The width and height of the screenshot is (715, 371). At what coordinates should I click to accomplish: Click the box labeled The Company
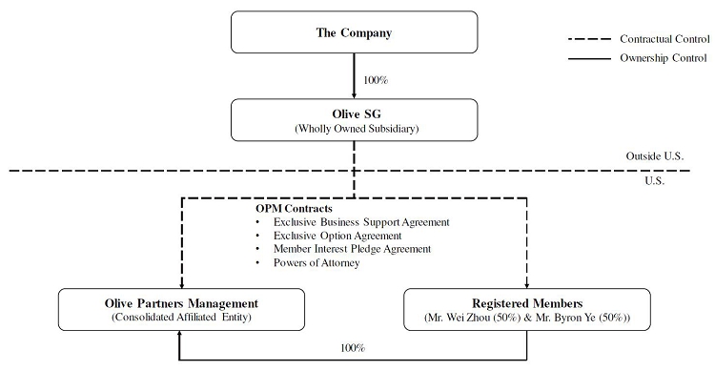[x=355, y=32]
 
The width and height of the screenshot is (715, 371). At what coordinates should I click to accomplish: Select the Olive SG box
[x=355, y=120]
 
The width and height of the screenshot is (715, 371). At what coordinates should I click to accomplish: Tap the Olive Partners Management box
[x=181, y=309]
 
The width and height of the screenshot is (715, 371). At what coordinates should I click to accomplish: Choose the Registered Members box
[x=527, y=309]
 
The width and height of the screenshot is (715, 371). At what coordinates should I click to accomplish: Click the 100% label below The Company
[x=376, y=80]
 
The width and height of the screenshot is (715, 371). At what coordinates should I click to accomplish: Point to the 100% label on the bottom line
[x=353, y=348]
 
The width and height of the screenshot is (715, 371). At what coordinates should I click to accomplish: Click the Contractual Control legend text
[x=664, y=39]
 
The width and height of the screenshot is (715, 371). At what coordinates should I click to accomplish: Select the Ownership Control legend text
[x=663, y=58]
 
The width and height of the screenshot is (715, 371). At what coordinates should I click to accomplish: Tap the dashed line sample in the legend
[x=589, y=39]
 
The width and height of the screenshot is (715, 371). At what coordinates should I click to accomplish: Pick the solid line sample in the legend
[x=589, y=58]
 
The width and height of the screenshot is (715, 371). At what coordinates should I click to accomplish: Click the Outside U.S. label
[x=654, y=156]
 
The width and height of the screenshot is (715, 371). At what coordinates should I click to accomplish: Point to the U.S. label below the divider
[x=654, y=180]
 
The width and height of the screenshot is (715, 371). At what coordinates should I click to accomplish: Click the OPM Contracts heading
[x=294, y=209]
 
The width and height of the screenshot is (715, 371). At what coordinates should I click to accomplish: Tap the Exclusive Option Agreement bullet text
[x=337, y=236]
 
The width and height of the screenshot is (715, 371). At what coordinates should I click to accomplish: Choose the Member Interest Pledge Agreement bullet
[x=352, y=249]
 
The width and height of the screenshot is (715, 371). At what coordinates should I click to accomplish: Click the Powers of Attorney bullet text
[x=317, y=263]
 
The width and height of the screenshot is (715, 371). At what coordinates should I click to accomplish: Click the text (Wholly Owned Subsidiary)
[x=357, y=129]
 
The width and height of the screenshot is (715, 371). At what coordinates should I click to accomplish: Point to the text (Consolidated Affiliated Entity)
[x=181, y=317]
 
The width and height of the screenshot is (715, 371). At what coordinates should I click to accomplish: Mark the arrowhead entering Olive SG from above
[x=355, y=95]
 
